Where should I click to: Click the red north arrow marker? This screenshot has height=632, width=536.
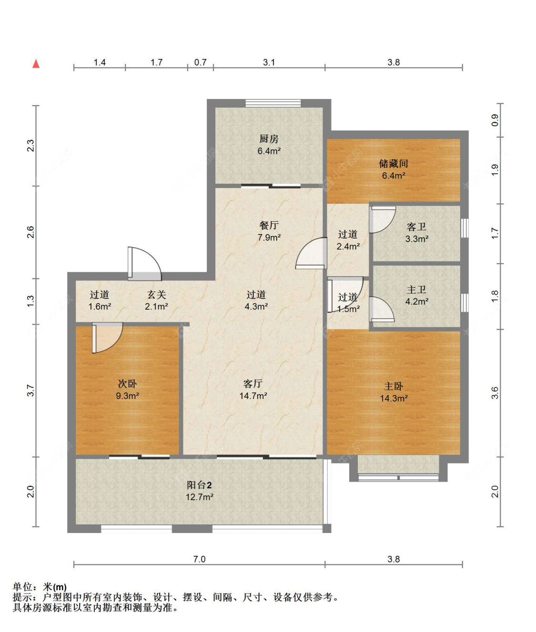(x=36, y=64)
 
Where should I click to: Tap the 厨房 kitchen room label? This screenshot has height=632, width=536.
(x=269, y=139)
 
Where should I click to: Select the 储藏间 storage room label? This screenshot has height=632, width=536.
(x=394, y=164)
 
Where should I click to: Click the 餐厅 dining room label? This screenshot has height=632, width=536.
(x=269, y=226)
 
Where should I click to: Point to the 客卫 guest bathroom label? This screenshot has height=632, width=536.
(x=416, y=227)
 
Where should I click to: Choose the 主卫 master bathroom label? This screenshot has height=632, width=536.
(x=416, y=289)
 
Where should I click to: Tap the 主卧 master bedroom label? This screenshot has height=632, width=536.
(x=394, y=386)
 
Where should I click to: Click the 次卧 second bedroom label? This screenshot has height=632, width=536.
(x=127, y=384)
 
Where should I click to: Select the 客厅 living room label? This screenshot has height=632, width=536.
(x=253, y=384)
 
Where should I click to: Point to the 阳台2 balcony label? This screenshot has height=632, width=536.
(x=199, y=485)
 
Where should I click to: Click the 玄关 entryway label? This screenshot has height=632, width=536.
(x=156, y=295)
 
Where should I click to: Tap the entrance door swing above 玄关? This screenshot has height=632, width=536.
(x=144, y=264)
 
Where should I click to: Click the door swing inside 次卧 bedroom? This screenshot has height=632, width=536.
(x=107, y=337)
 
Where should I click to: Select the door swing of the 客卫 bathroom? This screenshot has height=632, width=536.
(x=383, y=219)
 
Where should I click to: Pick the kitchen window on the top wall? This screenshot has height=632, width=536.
(x=273, y=103)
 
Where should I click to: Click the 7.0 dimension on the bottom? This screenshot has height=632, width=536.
(x=199, y=559)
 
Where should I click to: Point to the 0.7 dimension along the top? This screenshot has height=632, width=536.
(x=200, y=62)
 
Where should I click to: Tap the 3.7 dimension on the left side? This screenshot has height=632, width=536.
(x=30, y=391)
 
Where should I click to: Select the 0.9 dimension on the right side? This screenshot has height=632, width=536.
(x=495, y=120)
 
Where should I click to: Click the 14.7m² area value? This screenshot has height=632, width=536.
(x=253, y=396)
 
